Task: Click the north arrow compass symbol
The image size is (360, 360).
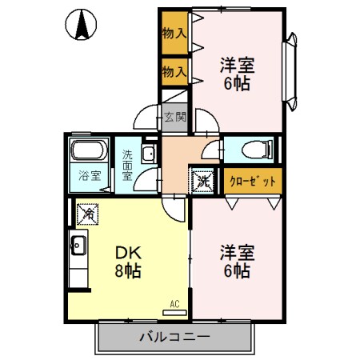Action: [x=81, y=24]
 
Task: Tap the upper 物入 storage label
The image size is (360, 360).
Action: [x=174, y=33]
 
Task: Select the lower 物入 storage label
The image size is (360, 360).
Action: [x=174, y=71]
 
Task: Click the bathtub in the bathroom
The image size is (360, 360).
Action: [x=89, y=151]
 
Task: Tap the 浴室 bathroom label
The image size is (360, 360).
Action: [x=89, y=175]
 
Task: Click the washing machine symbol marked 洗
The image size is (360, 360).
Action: [x=202, y=180]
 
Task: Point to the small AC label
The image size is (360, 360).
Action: [x=174, y=304]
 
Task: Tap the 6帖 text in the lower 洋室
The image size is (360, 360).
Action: [x=236, y=270]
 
